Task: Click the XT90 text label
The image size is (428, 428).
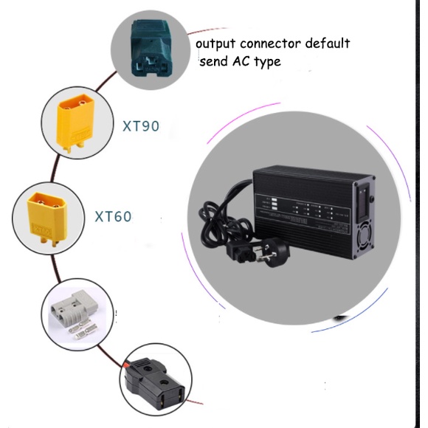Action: (x=140, y=126)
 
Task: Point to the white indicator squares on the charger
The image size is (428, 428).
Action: (x=273, y=206)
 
